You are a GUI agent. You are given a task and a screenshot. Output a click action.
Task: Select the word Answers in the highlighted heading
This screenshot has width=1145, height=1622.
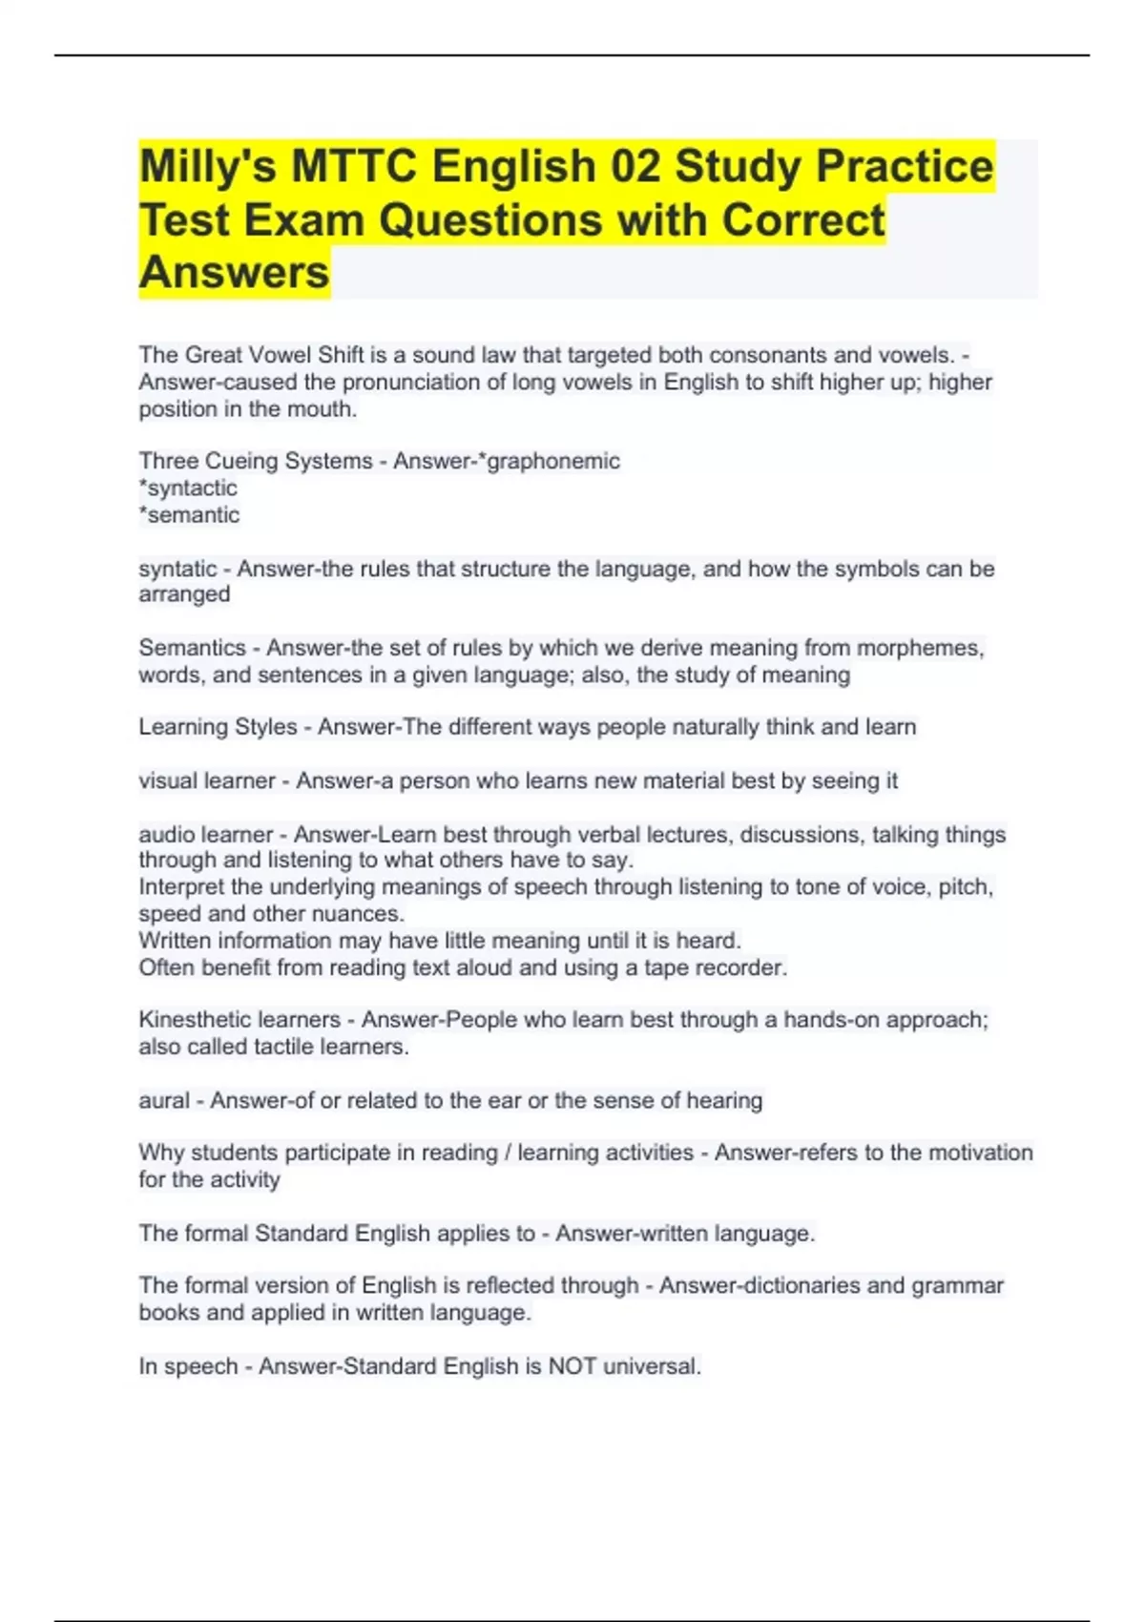click(x=234, y=273)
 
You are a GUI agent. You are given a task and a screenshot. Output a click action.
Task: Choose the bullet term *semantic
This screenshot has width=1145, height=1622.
click(x=189, y=515)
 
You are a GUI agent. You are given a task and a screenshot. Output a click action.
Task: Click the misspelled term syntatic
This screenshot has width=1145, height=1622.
click(x=177, y=570)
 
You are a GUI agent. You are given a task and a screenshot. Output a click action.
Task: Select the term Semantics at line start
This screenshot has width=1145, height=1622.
click(x=192, y=649)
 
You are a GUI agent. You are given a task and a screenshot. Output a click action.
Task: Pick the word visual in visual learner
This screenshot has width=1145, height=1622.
click(x=167, y=781)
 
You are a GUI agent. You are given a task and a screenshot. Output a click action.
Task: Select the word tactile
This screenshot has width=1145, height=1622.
click(x=285, y=1047)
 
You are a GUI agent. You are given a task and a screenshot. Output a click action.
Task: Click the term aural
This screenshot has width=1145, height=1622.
click(x=164, y=1101)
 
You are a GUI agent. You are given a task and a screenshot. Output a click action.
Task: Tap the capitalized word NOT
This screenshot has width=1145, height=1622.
click(x=572, y=1366)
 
